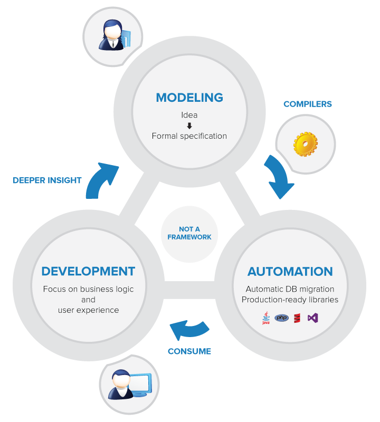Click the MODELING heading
click(189, 98)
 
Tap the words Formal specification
click(189, 136)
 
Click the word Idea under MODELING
click(189, 115)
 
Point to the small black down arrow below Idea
click(189, 126)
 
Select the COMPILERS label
click(308, 104)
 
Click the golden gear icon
click(306, 143)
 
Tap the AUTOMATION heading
click(290, 272)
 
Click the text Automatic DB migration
click(290, 289)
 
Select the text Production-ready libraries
click(290, 300)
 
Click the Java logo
click(265, 318)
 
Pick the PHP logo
click(281, 318)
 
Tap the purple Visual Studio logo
click(313, 318)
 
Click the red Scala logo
click(297, 318)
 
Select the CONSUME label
click(189, 351)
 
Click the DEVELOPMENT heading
click(89, 272)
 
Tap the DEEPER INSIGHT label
click(47, 180)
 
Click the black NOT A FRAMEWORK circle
click(189, 234)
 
